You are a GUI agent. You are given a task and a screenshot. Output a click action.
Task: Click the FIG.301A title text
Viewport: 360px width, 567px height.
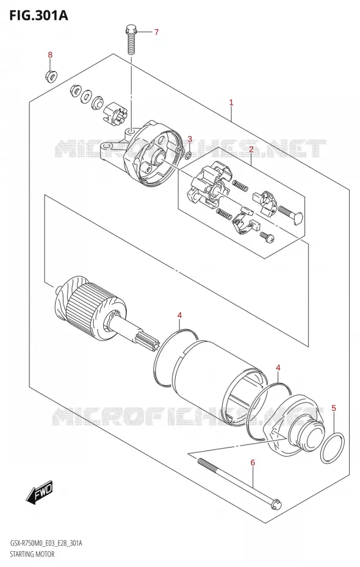click(x=34, y=15)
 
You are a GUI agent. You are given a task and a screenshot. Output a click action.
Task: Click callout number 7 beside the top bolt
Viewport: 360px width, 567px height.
click(x=156, y=32)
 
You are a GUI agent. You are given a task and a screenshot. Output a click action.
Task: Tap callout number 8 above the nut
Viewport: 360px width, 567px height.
click(x=50, y=55)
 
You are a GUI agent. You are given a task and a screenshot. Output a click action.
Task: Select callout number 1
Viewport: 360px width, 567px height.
click(x=231, y=102)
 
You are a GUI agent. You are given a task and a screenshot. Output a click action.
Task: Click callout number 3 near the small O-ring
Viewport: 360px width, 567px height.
click(x=190, y=140)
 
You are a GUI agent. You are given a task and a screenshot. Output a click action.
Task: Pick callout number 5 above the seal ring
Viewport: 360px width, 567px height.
click(x=334, y=408)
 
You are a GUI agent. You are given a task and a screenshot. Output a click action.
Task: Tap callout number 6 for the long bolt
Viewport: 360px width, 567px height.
click(x=253, y=463)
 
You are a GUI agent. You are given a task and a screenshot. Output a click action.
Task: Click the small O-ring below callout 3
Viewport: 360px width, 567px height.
click(x=188, y=156)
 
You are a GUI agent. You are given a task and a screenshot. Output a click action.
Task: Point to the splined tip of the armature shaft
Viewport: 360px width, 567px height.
click(x=146, y=341)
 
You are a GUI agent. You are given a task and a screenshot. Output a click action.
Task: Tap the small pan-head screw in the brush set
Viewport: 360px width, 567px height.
click(x=267, y=237)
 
